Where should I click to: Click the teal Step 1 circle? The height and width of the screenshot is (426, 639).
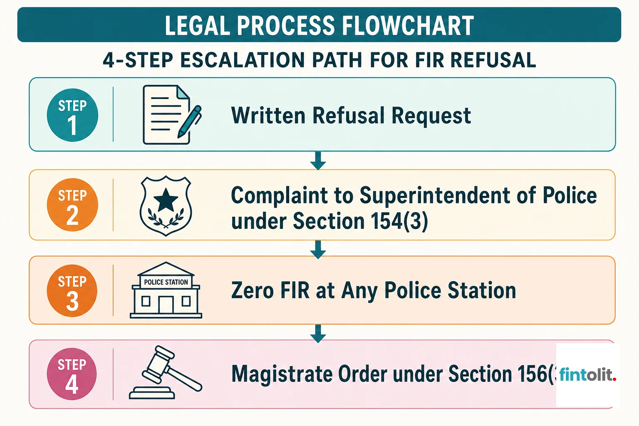[x=72, y=115]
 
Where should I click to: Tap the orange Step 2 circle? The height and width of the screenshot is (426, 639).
[x=72, y=205]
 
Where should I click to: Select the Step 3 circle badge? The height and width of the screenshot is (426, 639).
[x=72, y=291]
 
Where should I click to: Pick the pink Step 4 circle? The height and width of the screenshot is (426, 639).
[x=72, y=374]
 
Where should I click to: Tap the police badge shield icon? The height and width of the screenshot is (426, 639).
[x=166, y=206]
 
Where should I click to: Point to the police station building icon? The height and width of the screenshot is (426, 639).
[x=166, y=290]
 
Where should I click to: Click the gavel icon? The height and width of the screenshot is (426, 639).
[x=166, y=372]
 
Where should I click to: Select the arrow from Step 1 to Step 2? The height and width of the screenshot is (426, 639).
[x=318, y=161]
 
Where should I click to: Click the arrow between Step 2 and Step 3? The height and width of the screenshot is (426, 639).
[x=318, y=250]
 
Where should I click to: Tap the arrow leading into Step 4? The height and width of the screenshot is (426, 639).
[x=318, y=334]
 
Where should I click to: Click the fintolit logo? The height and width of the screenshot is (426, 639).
[x=588, y=375]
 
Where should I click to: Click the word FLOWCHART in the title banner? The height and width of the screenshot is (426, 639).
[x=408, y=25]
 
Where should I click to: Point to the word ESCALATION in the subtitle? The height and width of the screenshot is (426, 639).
[x=243, y=60]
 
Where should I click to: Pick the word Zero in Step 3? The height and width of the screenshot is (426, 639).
[x=253, y=290]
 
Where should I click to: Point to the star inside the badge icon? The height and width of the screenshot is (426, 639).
[x=166, y=200]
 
